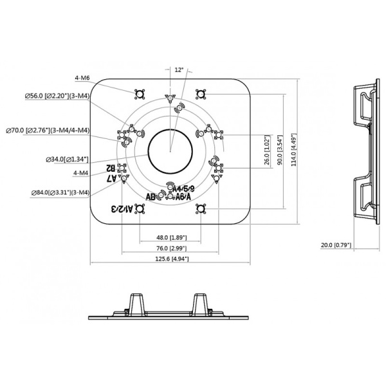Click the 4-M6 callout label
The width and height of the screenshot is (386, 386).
coord(82,78)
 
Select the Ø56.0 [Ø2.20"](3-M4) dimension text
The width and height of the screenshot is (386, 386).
coord(57,96)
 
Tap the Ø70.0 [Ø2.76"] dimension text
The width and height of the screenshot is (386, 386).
coord(48,131)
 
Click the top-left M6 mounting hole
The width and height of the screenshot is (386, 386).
coord(140,95)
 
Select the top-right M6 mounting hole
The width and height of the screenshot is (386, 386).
coord(201,95)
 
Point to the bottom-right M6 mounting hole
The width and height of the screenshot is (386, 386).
coord(201,209)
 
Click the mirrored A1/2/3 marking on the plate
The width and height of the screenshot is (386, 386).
coord(122,209)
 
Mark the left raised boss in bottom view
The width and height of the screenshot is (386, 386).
coord(136,304)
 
